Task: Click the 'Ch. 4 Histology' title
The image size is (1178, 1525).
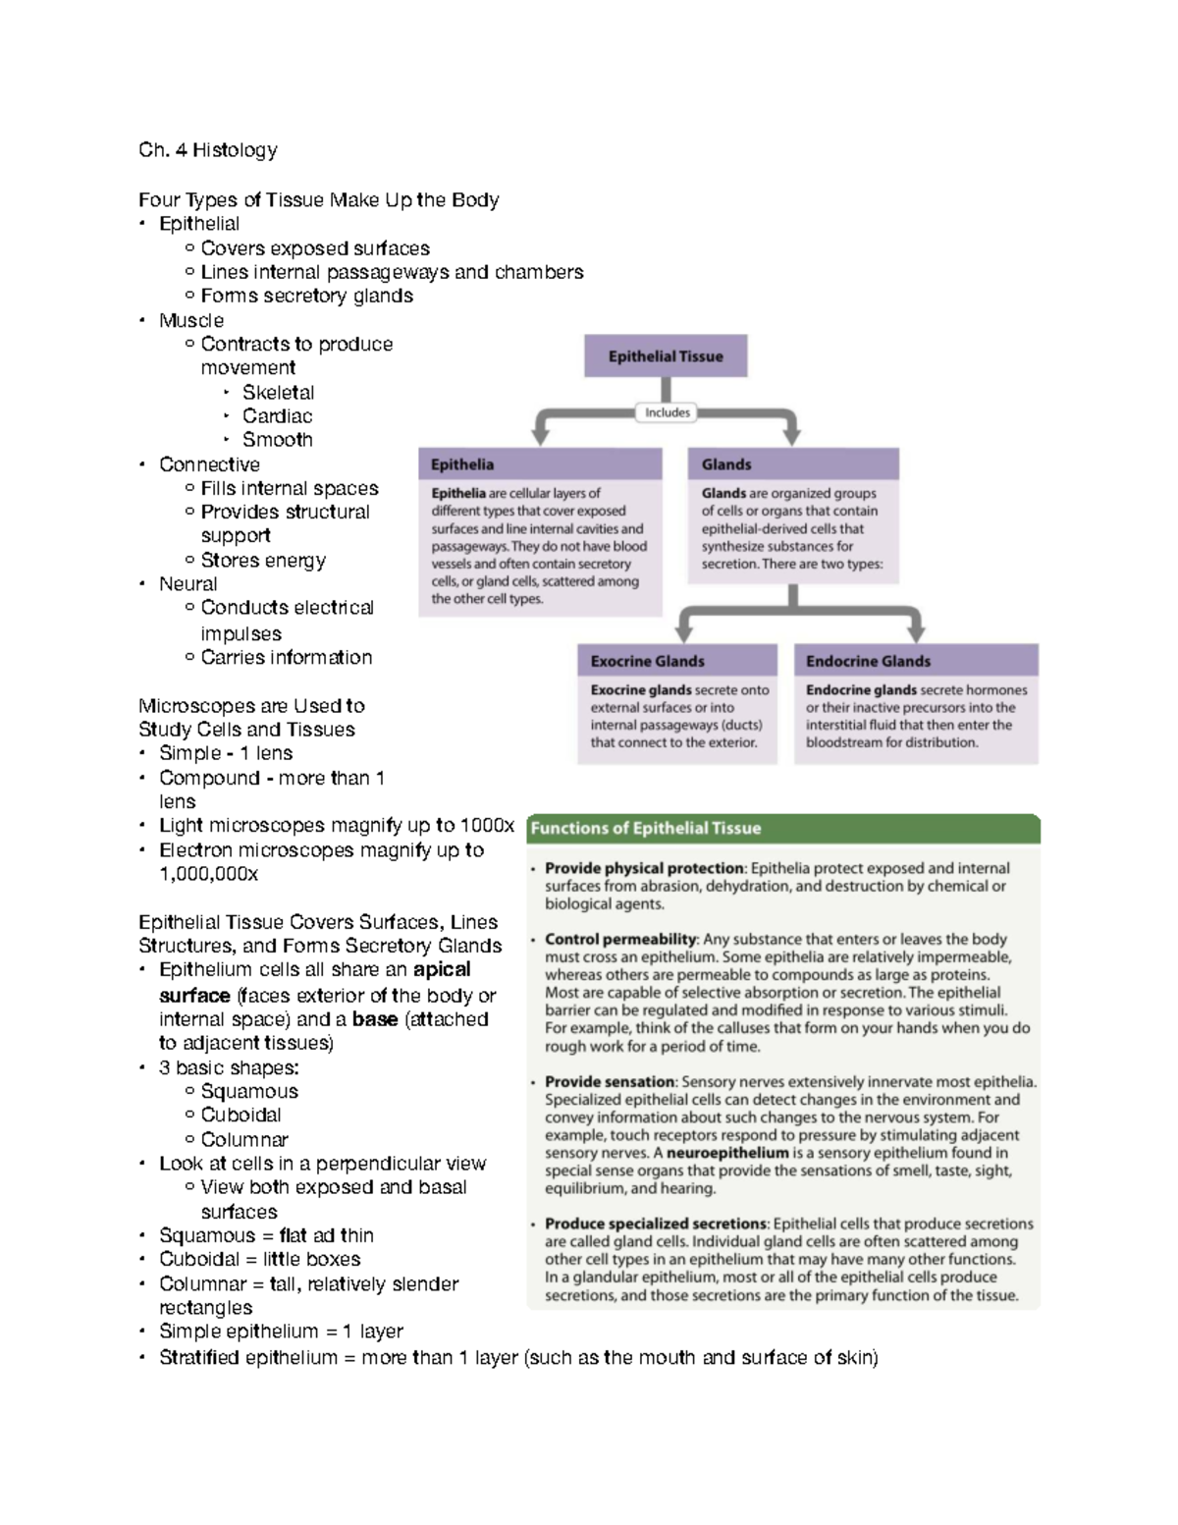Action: pos(207,150)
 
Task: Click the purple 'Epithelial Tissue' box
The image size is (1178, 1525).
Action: pos(666,356)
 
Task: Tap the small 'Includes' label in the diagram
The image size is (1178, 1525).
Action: pos(668,412)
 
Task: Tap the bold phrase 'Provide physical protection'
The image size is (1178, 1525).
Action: pos(644,868)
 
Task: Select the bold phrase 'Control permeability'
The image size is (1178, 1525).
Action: pos(620,939)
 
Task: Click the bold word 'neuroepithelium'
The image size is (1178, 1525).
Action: pos(727,1153)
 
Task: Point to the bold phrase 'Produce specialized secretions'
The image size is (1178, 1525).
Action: pos(655,1224)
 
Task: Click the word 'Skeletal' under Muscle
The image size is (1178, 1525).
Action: pos(278,392)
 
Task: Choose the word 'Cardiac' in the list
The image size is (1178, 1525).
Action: pos(277,416)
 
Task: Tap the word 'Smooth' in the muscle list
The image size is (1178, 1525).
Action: pos(277,440)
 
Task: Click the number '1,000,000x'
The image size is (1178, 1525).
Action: pos(209,874)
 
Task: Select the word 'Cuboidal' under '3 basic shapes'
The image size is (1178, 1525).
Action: pos(241,1115)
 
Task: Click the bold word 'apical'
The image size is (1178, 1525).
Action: pos(442,969)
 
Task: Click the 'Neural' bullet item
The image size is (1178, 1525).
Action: pos(188,584)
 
